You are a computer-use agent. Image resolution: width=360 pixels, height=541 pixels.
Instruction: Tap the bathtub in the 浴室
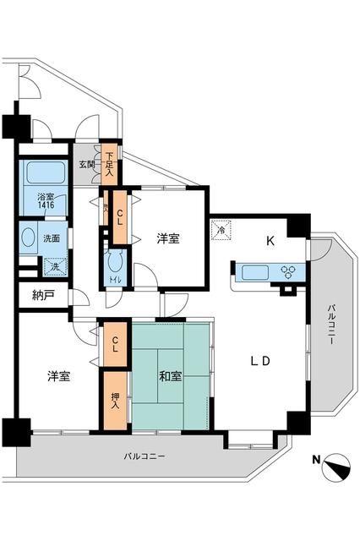(x=45, y=173)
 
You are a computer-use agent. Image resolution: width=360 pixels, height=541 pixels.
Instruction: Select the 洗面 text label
(x=51, y=238)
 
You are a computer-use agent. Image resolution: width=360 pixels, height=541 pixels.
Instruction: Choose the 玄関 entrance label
(x=87, y=165)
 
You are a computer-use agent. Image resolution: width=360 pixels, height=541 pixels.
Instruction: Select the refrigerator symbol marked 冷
(x=221, y=228)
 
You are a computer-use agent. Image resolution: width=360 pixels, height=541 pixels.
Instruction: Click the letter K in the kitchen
(x=271, y=240)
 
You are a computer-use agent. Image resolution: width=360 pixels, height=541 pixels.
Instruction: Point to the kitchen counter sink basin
(x=254, y=272)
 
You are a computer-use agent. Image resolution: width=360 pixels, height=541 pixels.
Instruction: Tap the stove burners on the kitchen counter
(x=287, y=272)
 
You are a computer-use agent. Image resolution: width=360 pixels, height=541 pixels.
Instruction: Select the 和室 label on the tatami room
(x=169, y=374)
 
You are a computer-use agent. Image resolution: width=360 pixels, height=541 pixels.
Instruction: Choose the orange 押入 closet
(x=115, y=400)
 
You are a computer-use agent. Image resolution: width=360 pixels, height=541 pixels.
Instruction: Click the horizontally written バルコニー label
(x=145, y=456)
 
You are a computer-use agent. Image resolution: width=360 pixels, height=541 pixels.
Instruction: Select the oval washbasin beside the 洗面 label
(x=29, y=238)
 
